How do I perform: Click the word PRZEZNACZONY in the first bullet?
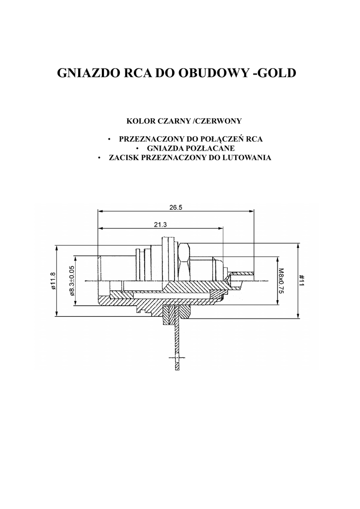(153, 139)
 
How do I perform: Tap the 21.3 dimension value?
(160, 225)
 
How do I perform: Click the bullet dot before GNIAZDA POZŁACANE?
(137, 149)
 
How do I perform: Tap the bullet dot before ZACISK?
(99, 158)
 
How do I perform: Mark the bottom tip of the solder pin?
(177, 369)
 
